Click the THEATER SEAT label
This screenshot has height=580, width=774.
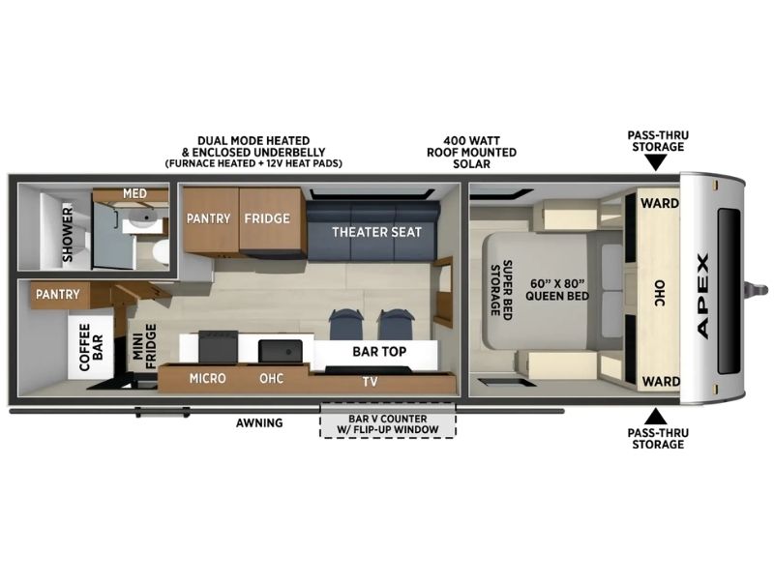[376, 232]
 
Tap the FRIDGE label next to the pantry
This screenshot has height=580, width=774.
[267, 218]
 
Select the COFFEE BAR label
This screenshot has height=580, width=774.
[91, 347]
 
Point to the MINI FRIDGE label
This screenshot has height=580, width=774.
[144, 347]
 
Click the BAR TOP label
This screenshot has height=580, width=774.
[379, 352]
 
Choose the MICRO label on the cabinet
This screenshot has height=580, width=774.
[208, 378]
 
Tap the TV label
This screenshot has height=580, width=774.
[371, 381]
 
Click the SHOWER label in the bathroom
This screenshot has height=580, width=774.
[67, 234]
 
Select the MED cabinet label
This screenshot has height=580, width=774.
[134, 193]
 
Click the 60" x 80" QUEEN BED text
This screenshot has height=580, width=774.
[557, 289]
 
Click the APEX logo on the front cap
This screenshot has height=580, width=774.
[703, 296]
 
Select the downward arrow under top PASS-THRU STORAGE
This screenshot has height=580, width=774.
[657, 162]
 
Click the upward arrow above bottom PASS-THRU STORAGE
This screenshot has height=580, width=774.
[657, 417]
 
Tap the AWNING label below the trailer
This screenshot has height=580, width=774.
[259, 422]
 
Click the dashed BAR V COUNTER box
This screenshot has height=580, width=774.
[388, 420]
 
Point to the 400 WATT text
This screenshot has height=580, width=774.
[471, 140]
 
